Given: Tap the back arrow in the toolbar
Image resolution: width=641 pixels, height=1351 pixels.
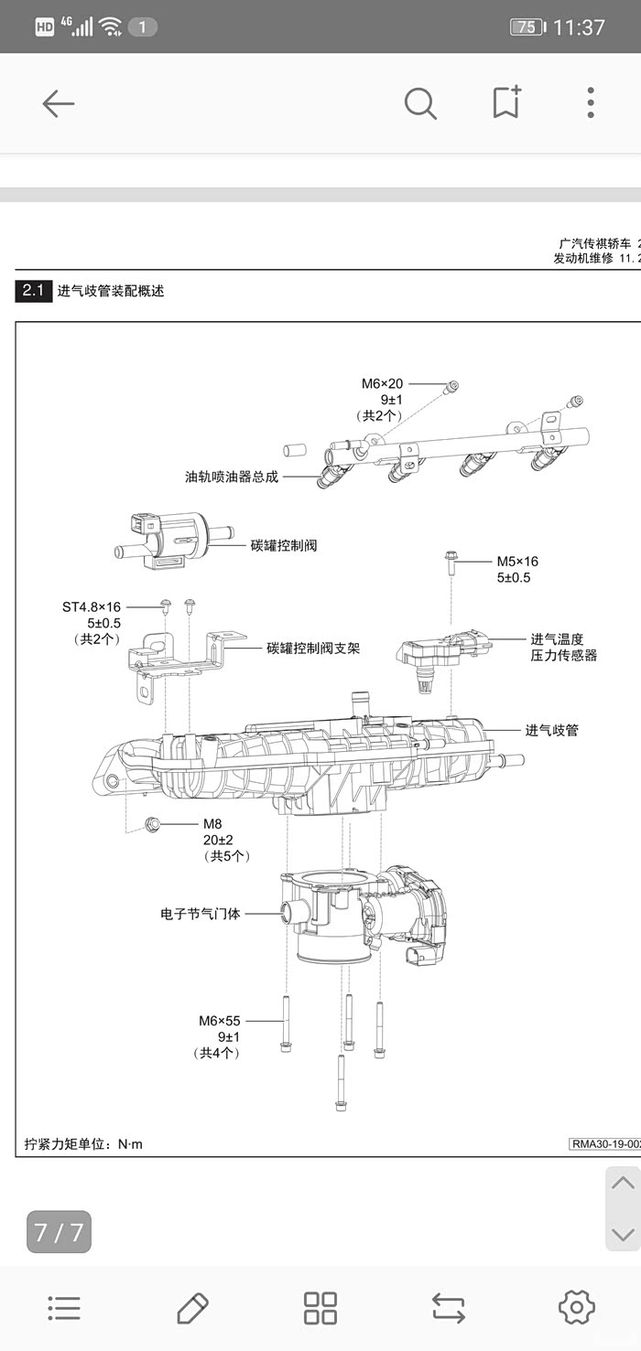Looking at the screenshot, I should click(58, 103).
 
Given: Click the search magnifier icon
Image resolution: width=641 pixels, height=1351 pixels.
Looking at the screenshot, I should click(420, 103).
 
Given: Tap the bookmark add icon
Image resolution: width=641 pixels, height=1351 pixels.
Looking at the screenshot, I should click(506, 102).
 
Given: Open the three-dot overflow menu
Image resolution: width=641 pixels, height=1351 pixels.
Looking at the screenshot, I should click(591, 102).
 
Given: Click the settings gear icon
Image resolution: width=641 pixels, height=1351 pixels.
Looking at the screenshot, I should click(576, 1307).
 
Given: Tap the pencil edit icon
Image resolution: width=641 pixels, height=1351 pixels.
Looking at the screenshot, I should click(192, 1308).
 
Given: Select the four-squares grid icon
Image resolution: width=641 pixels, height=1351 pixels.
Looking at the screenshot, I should click(320, 1308).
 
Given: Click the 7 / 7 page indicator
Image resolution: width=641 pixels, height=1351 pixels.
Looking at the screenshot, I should click(59, 1232).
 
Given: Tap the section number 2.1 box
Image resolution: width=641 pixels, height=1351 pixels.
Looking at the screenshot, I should click(33, 291).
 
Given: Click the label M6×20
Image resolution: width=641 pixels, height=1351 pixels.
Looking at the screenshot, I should click(382, 384).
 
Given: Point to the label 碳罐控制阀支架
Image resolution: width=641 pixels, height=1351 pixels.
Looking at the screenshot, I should click(313, 649).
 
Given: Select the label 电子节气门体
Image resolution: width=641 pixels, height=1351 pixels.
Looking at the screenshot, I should click(200, 913).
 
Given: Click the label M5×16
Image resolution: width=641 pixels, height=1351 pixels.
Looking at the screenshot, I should click(517, 562).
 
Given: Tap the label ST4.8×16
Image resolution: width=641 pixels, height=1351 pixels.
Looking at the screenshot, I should click(92, 606).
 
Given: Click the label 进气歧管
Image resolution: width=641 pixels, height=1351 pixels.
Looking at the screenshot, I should click(551, 730).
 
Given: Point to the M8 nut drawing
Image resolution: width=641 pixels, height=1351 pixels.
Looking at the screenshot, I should click(153, 824).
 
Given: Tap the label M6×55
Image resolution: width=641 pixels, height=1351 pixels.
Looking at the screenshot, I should click(220, 1021).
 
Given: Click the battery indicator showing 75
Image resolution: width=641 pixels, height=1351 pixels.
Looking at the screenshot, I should click(527, 27).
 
